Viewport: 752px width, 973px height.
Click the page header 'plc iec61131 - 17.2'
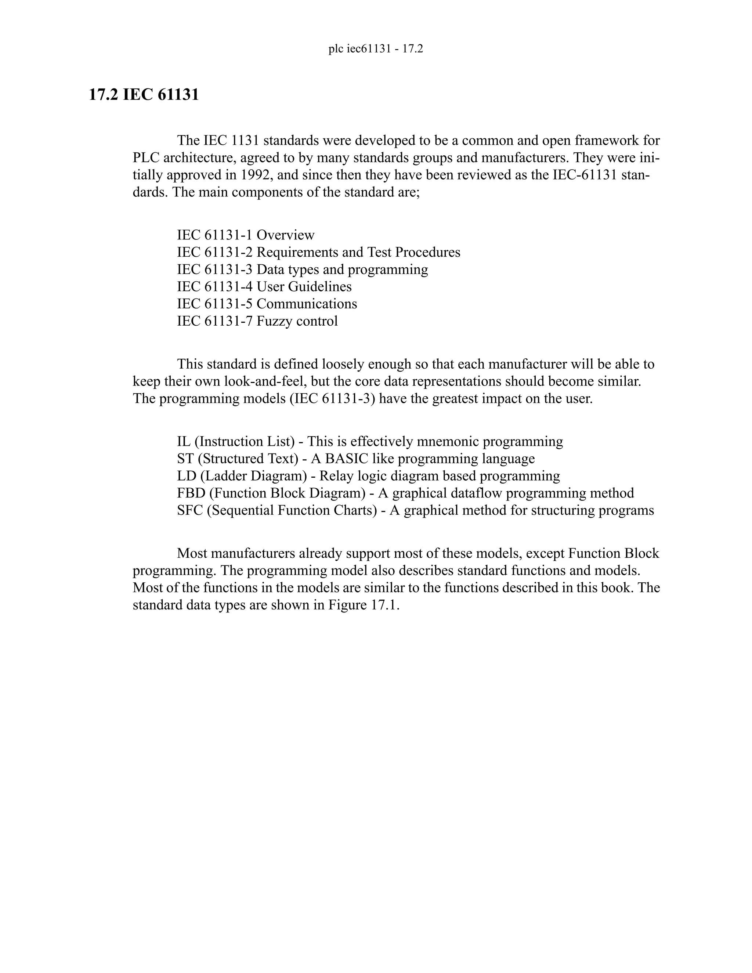(x=376, y=49)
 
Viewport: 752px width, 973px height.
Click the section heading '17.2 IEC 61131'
(x=144, y=95)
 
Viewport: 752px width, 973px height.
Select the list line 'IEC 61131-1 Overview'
(x=246, y=235)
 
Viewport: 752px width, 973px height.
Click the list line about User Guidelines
(x=264, y=286)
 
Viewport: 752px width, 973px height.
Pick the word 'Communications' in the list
(x=307, y=304)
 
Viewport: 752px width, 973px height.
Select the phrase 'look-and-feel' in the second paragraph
(x=265, y=381)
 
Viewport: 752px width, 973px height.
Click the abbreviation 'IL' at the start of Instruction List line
(x=183, y=441)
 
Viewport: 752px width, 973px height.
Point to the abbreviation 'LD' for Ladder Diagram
(x=186, y=476)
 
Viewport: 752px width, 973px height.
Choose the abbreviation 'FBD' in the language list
(x=191, y=493)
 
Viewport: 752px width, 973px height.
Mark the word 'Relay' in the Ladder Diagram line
(x=335, y=476)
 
